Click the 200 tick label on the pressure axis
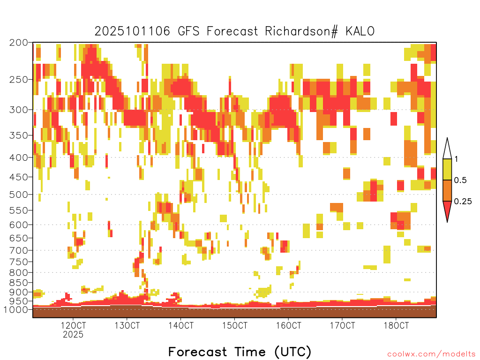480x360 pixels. (x=18, y=43)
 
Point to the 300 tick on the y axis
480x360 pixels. (x=18, y=110)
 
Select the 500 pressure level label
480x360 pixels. (x=18, y=195)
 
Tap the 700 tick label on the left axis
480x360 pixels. (x=18, y=250)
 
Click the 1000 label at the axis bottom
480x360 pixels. (x=16, y=309)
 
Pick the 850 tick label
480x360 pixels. (x=18, y=283)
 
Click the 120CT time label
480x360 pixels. (x=73, y=325)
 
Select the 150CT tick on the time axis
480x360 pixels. (x=235, y=325)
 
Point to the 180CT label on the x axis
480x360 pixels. (x=396, y=325)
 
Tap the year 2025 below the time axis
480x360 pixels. (x=73, y=334)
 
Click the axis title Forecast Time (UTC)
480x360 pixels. (x=240, y=352)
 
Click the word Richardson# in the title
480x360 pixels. (x=301, y=31)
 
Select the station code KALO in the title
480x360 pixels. (x=360, y=31)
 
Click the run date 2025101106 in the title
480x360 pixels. (x=132, y=31)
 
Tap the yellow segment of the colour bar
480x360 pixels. (x=447, y=169)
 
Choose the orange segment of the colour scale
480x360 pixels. (x=447, y=190)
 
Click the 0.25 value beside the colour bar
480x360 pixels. (x=463, y=201)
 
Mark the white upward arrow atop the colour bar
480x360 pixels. (x=447, y=149)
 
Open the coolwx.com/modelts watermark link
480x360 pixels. (x=431, y=354)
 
